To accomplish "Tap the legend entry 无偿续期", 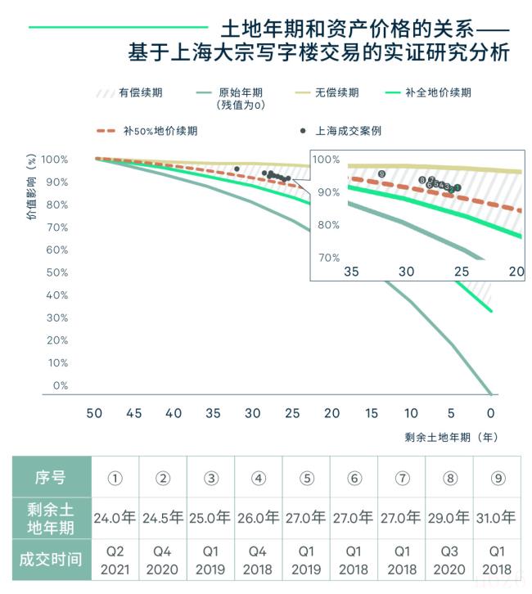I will click(x=336, y=92).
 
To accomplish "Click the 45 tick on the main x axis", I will click(x=134, y=414).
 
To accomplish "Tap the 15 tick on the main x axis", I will click(x=372, y=414).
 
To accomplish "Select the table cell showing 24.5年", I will click(x=163, y=517).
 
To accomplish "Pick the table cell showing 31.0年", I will click(x=497, y=517).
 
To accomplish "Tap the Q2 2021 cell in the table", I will click(x=115, y=561).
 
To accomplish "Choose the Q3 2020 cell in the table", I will click(x=449, y=561).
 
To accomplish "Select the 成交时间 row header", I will click(x=51, y=561).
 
